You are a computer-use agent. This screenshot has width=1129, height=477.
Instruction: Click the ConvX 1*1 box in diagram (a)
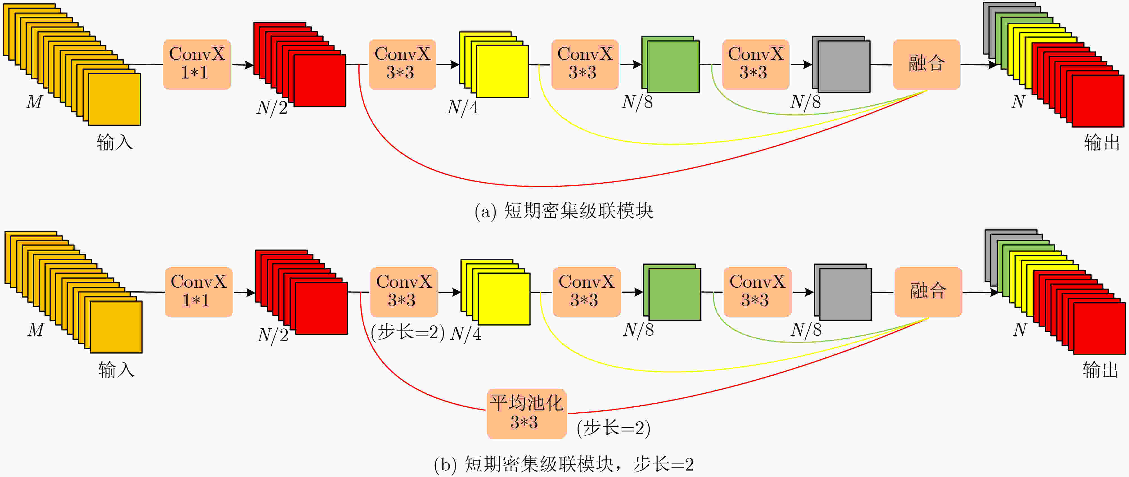pos(197,64)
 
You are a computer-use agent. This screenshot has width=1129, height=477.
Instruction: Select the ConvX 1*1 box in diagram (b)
pos(198,292)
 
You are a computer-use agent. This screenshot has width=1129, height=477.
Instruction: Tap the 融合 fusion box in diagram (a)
pos(927,64)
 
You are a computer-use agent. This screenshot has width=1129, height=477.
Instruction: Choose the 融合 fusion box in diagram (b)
pos(928,292)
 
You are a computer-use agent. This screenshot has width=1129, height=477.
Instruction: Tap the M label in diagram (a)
pos(34,102)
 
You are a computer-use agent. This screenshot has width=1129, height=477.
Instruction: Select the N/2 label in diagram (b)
pos(273,335)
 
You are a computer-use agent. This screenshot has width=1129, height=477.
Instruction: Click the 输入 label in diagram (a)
pos(114,143)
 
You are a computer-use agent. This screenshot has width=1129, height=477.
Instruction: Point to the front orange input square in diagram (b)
pos(116,327)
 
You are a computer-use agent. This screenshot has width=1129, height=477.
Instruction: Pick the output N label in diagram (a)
pos(1018,102)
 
